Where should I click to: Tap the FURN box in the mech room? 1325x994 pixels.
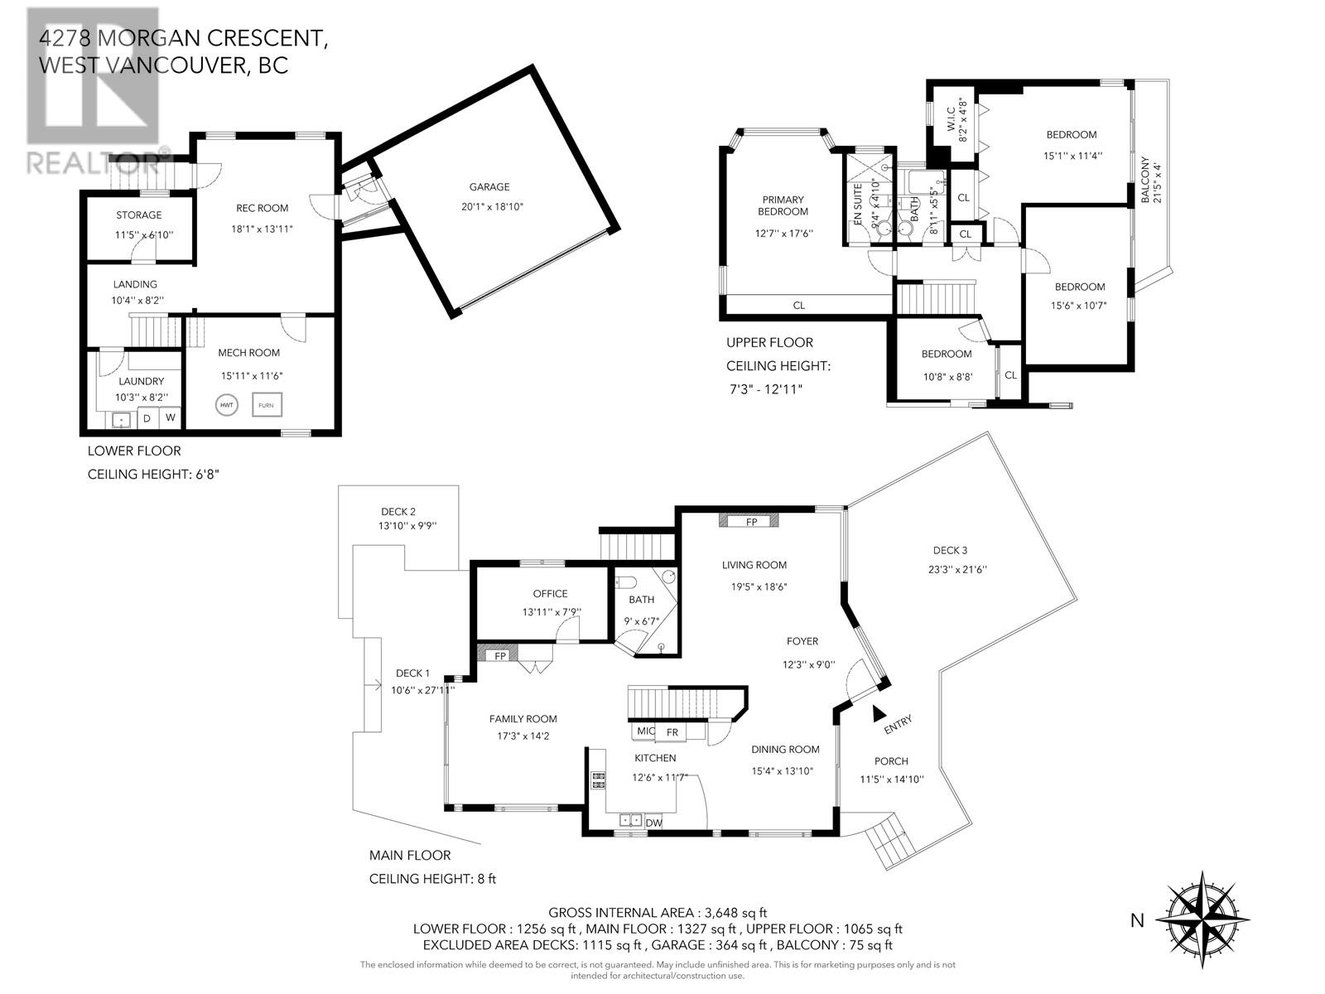267,405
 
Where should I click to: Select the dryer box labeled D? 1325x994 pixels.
147,418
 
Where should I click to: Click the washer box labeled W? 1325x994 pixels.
170,417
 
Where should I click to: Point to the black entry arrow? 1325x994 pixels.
879,713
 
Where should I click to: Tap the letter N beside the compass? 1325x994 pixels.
1137,920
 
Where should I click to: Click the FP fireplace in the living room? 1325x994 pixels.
751,522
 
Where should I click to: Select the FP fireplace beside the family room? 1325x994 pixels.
499,655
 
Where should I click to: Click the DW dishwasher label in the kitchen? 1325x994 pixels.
654,823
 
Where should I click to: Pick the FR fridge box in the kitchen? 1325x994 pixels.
672,732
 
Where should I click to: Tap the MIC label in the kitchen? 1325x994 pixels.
646,732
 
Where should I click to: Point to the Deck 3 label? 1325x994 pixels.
950,550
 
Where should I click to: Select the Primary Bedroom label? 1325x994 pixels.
783,205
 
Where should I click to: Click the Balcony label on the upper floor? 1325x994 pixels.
1146,181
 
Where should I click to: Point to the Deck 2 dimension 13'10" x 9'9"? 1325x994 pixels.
407,525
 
